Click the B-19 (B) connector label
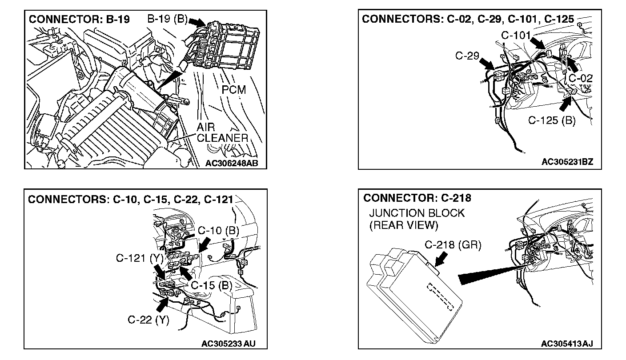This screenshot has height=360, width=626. point(167,20)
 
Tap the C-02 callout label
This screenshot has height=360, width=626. point(580,78)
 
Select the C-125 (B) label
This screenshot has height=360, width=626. point(551,120)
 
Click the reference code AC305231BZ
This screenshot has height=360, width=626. point(567,163)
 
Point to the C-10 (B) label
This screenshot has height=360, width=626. point(218,230)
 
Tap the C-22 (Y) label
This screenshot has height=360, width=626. point(148,320)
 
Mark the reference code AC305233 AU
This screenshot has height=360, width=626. point(228,343)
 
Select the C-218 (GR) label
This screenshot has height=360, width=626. point(453,244)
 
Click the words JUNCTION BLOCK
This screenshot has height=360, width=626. point(417,213)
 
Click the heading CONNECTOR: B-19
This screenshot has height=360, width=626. point(79,20)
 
